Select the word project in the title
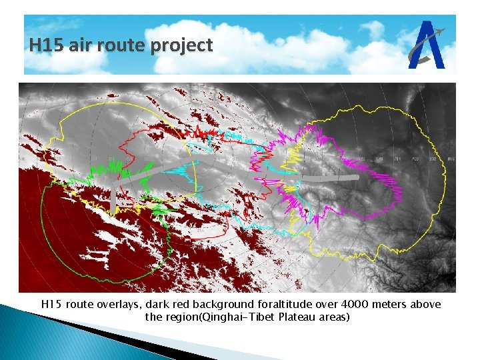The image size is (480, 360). pos(181,46)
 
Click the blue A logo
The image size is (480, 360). pos(427,45)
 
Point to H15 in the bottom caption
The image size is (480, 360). pos(51,304)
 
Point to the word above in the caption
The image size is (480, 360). pos(425,304)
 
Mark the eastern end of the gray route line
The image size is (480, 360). pos(357,179)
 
